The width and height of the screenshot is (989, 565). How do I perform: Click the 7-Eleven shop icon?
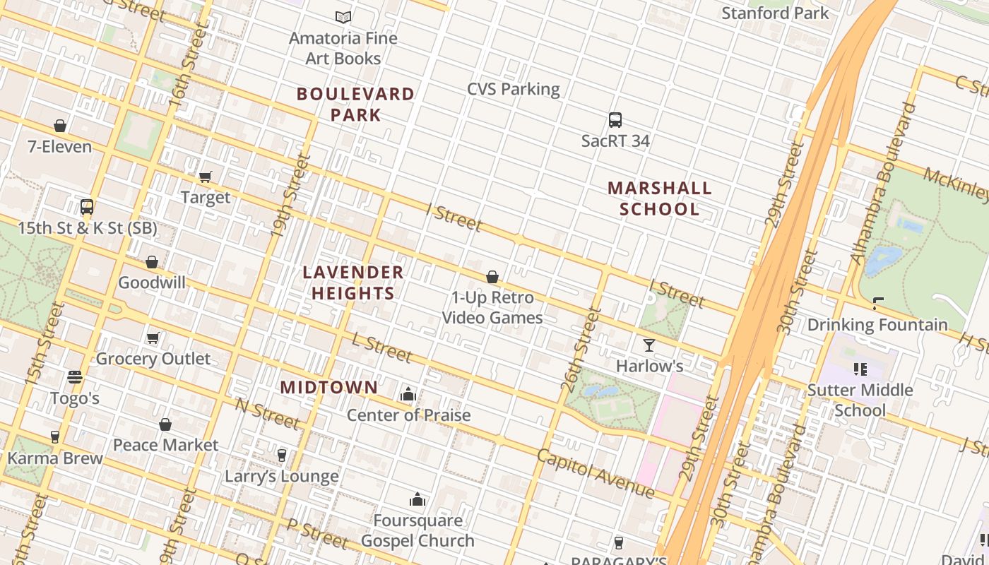pyautogui.click(x=60, y=126)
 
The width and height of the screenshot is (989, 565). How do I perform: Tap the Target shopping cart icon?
pyautogui.click(x=206, y=177)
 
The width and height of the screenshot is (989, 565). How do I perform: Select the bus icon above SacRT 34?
pyautogui.click(x=615, y=120)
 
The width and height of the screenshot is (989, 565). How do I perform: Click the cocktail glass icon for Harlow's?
pyautogui.click(x=649, y=345)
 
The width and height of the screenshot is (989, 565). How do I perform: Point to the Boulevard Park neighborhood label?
pyautogui.click(x=355, y=104)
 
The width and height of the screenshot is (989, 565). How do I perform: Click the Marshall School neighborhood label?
pyautogui.click(x=660, y=198)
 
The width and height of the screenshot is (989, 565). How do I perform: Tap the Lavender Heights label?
pyautogui.click(x=353, y=282)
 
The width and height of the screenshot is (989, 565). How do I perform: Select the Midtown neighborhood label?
pyautogui.click(x=329, y=387)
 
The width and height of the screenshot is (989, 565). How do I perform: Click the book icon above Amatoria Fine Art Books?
pyautogui.click(x=343, y=17)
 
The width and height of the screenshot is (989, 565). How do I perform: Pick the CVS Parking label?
pyautogui.click(x=513, y=89)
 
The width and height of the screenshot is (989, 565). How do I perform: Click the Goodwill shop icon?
pyautogui.click(x=151, y=262)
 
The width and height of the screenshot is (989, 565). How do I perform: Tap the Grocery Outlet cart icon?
pyautogui.click(x=153, y=338)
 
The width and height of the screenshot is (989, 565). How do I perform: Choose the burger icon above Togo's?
pyautogui.click(x=75, y=377)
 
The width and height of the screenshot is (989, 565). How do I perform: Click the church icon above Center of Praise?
pyautogui.click(x=408, y=394)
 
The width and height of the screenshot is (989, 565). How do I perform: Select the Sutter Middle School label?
pyautogui.click(x=860, y=400)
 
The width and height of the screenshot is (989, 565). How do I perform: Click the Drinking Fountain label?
pyautogui.click(x=877, y=325)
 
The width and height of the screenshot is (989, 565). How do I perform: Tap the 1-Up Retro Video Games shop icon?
pyautogui.click(x=492, y=277)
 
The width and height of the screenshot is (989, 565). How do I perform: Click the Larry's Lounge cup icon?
pyautogui.click(x=282, y=455)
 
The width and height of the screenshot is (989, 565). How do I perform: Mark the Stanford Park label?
pyautogui.click(x=775, y=13)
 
